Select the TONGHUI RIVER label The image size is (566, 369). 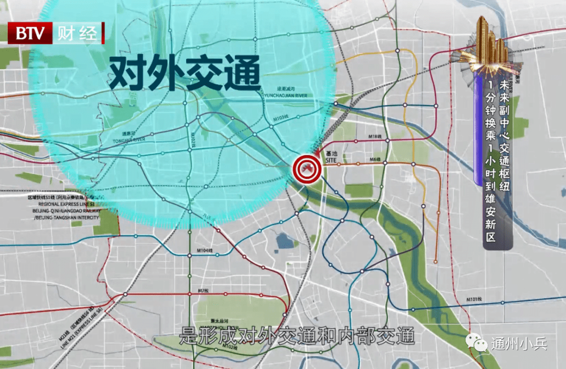(128, 140)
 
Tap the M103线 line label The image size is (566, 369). (281, 120)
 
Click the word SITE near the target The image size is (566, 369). (331, 160)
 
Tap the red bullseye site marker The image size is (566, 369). (306, 168)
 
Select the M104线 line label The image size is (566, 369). (206, 251)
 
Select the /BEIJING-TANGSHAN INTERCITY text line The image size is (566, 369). (66, 217)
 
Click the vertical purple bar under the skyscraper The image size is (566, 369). (477, 128)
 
